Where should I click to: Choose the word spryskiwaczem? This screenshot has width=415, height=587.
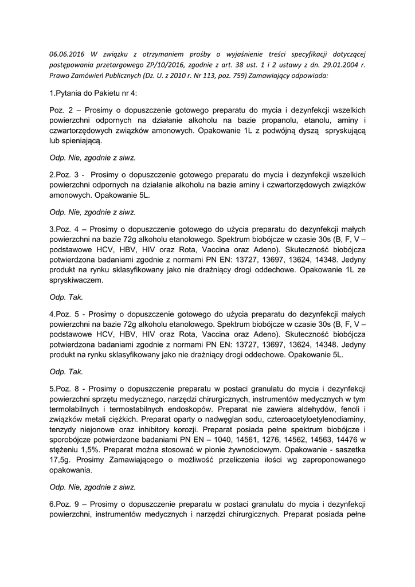(76, 281)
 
